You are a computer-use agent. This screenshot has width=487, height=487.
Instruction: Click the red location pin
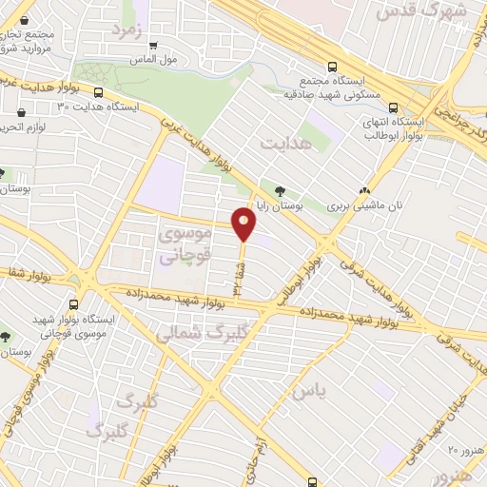(x=244, y=224)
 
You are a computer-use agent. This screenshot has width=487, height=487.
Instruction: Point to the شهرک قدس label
(x=410, y=11)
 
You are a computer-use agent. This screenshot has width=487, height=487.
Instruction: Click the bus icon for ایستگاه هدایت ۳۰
(x=99, y=92)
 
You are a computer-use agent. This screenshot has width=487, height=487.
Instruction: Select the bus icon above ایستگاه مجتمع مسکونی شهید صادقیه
(x=330, y=67)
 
